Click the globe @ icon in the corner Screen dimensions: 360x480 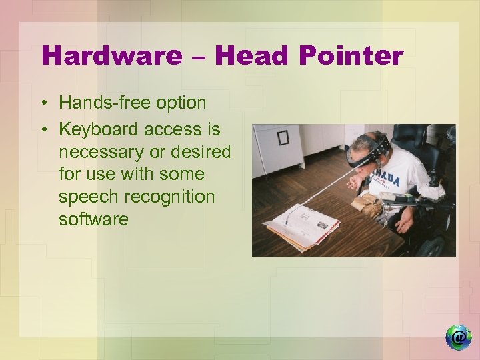click(458, 337)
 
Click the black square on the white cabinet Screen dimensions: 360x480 click(283, 137)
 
